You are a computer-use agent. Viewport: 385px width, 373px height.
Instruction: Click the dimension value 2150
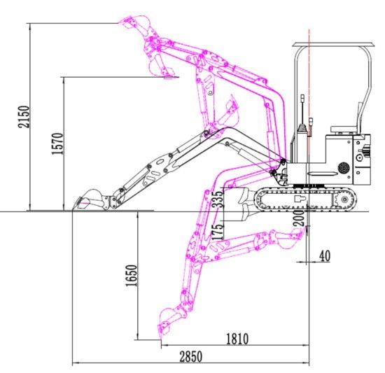tap(24, 117)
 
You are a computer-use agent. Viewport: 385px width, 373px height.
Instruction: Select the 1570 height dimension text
tap(57, 143)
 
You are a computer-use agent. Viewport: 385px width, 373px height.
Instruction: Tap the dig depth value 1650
tap(131, 275)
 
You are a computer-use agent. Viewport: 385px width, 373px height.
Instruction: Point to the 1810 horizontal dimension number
tap(237, 339)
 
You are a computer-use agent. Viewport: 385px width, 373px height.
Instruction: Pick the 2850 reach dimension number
tap(191, 357)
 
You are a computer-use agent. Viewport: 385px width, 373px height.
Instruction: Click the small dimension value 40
tap(325, 256)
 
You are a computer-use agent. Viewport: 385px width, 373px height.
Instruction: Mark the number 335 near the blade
tap(218, 199)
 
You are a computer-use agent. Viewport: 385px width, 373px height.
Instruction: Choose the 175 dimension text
tap(218, 232)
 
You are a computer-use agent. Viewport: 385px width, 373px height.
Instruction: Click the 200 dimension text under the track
tap(299, 218)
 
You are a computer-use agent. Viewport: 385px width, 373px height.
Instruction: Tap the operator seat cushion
tap(343, 129)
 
